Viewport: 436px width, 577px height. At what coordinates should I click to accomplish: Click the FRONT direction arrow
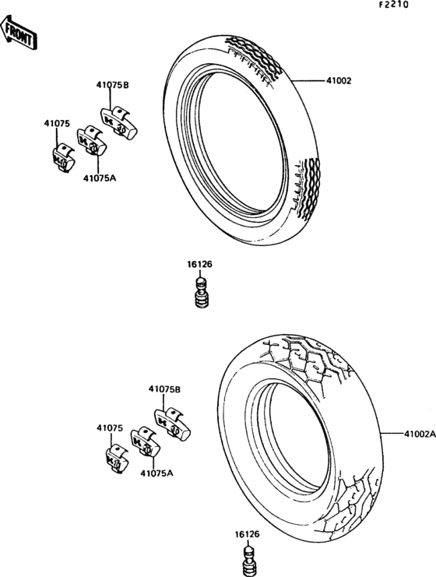pos(19,33)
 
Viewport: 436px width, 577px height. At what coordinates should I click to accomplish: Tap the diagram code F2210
pos(394,5)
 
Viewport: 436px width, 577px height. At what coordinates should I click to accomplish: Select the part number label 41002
pos(339,80)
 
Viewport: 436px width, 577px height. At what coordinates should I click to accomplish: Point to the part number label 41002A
pos(420,434)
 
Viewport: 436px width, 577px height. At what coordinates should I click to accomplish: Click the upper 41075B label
pos(113,85)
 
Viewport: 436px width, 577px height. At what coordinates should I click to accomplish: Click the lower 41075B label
pos(164,389)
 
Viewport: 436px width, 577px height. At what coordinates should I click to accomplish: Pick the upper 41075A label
pos(100,178)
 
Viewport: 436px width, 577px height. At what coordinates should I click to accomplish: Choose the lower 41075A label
pos(156,473)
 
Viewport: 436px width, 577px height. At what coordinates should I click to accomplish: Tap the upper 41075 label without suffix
pos(57,124)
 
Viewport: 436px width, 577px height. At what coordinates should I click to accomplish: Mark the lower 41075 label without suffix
pos(110,428)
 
